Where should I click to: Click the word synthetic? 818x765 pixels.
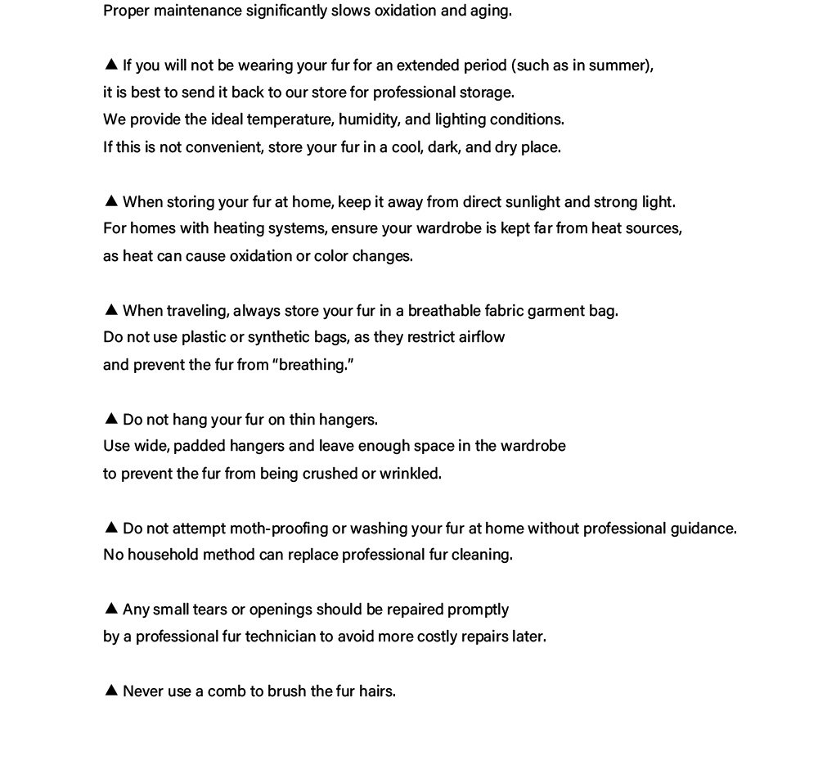280,337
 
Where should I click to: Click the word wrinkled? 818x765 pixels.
410,474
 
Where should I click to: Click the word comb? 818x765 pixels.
227,691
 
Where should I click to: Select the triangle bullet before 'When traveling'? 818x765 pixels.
111,310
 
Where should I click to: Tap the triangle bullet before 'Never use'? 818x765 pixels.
111,691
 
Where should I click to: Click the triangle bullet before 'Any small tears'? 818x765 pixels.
111,609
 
